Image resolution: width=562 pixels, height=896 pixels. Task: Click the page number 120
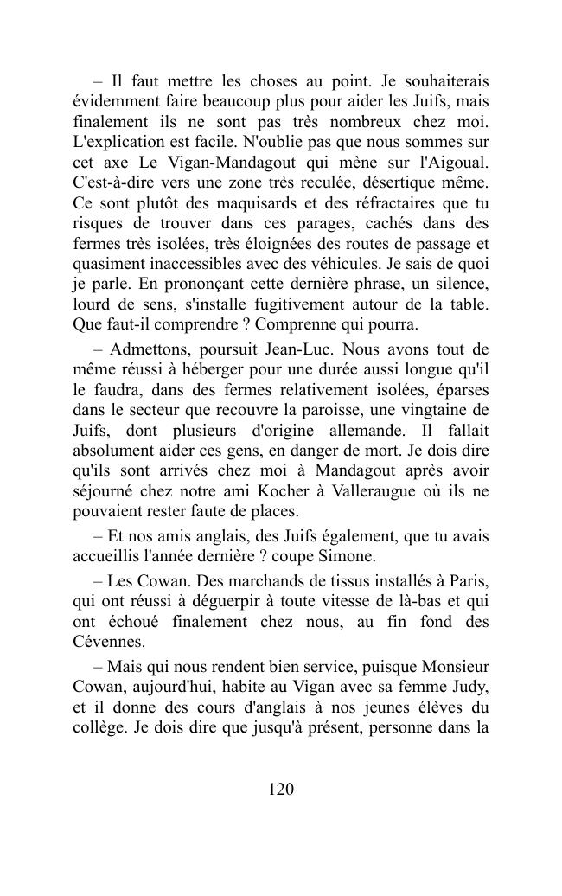coord(281,789)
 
